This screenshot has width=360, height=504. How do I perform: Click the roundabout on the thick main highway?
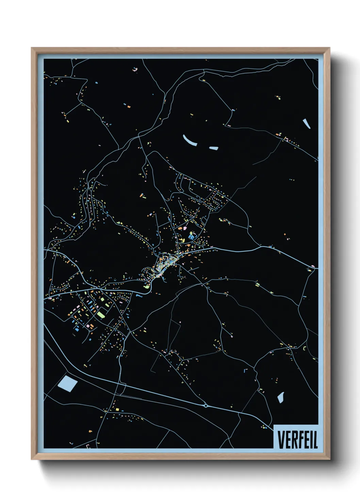click(x=206, y=405)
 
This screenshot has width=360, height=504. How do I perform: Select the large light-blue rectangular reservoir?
click(x=67, y=383)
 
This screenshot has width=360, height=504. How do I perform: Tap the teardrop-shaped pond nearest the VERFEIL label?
click(x=280, y=397)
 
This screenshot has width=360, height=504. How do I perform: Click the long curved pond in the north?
click(x=190, y=140)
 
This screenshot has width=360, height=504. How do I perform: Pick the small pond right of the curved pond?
click(x=213, y=148)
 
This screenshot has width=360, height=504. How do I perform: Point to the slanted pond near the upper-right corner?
click(x=307, y=123)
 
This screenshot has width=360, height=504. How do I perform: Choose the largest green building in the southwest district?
click(x=101, y=314)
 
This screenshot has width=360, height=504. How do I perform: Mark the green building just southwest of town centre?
click(x=147, y=287)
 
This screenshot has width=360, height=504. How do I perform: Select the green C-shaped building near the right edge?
click(x=304, y=348)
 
